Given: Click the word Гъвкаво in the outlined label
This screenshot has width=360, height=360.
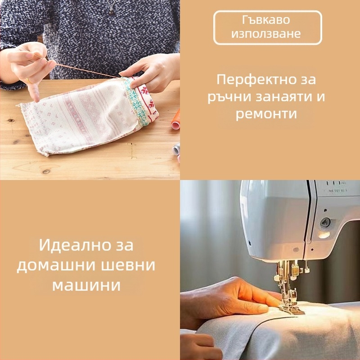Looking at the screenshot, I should pos(268,21).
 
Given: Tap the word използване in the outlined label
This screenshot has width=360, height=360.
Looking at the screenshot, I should pos(268,34).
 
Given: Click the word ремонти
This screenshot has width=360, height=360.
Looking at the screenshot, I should pos(266,114).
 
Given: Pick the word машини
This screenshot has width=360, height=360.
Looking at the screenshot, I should pos(86,285).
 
